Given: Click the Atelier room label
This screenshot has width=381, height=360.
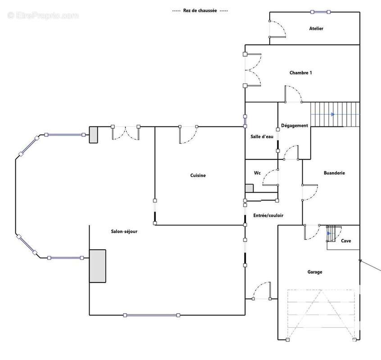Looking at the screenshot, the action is pos(316,28).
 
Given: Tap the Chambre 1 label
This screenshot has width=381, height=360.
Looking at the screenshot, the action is pos(300,72).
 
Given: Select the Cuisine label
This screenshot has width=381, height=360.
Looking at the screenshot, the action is pos(198,175).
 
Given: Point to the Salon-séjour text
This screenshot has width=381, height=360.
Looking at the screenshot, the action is pos(124,231).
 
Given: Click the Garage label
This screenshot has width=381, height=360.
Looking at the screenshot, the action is pos(315,272).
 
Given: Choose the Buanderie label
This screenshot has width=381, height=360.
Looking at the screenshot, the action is pos(334,173).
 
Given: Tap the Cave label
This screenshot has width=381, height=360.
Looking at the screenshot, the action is pos(346,241).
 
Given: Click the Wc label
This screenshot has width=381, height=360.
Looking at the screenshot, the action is pos(257,173).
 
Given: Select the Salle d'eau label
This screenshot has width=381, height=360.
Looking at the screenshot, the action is pos(262,136).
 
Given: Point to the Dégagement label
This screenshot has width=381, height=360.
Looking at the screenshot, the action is pos(295,126).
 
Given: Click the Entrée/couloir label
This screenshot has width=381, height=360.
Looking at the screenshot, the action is pos(268,215).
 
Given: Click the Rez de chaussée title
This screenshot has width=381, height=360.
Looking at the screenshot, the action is pos(200,10).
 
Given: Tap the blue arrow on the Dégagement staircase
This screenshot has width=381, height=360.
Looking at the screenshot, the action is pos(333,114).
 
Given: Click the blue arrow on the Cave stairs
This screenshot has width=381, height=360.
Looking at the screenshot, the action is pos(329,234).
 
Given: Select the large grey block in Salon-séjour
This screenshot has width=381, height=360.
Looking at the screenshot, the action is pos(97,266).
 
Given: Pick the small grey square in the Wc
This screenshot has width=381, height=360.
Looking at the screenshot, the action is pos(249,189).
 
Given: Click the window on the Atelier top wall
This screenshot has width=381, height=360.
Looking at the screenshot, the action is pos(320,12).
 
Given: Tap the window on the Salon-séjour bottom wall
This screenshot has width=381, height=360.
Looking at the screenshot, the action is pos(152,315).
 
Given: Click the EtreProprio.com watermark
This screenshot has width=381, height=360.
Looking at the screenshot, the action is pos(43,16).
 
